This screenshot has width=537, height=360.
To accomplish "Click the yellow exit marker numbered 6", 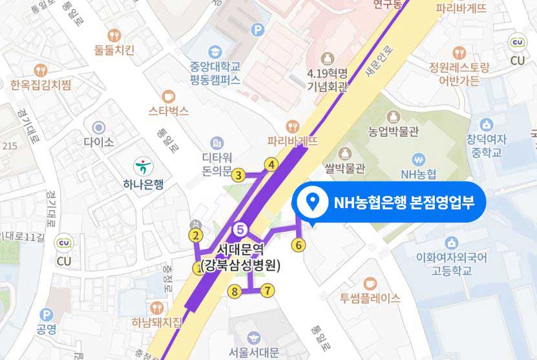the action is [x=298, y=245].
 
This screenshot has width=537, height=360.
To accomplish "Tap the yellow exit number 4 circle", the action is [x=272, y=165].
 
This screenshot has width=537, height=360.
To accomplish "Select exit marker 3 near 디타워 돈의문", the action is [x=238, y=175].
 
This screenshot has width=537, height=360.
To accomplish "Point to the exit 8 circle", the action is [x=236, y=292].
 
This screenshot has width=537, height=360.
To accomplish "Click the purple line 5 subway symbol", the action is [x=240, y=228].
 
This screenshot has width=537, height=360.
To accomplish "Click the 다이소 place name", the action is [x=99, y=141].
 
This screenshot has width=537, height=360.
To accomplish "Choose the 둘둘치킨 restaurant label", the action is [x=114, y=50].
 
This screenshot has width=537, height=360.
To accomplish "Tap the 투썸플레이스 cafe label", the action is [x=370, y=298].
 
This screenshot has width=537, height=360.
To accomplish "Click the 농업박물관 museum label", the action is [x=394, y=131].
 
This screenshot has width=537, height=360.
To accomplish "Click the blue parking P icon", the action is [x=258, y=29].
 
